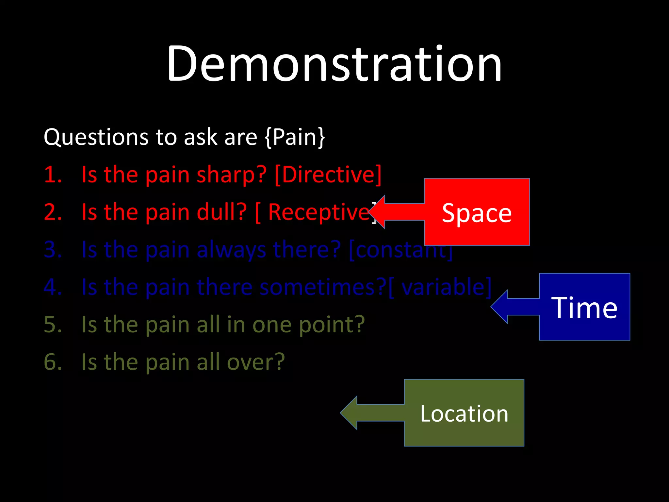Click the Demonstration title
point(334,64)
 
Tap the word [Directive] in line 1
point(328,175)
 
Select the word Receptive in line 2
point(318,212)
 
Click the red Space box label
point(477,213)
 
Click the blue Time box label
point(584,308)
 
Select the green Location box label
point(464,413)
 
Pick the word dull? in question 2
point(221,212)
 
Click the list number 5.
point(52,325)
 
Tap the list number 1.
point(52,175)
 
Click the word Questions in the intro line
point(97,137)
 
